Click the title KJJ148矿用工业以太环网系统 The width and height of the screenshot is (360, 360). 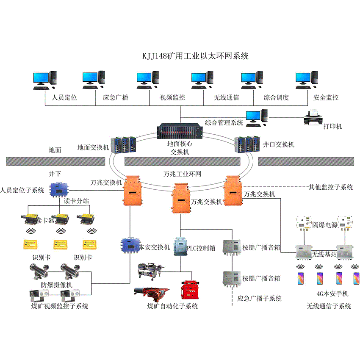195,56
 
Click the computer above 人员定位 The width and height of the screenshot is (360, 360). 44,79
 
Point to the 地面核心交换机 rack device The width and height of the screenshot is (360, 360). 180,132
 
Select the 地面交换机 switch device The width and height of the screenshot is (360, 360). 124,144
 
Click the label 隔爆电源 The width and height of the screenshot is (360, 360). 325,225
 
